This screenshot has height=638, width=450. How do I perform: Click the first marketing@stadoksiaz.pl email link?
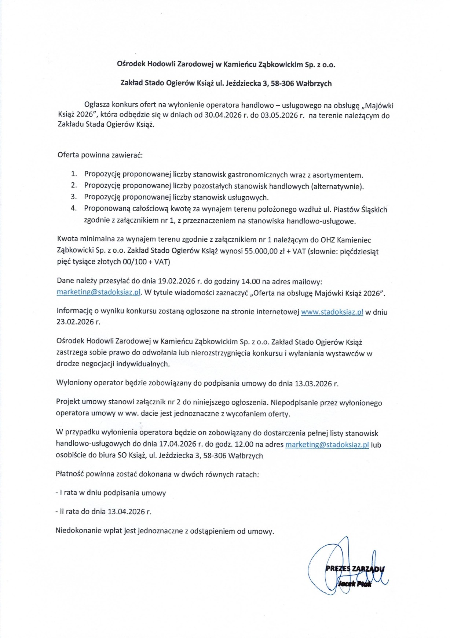99,293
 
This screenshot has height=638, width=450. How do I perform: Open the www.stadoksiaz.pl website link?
332,312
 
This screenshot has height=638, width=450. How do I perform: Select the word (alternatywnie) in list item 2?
337,186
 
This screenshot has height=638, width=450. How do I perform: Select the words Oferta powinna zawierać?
100,155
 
